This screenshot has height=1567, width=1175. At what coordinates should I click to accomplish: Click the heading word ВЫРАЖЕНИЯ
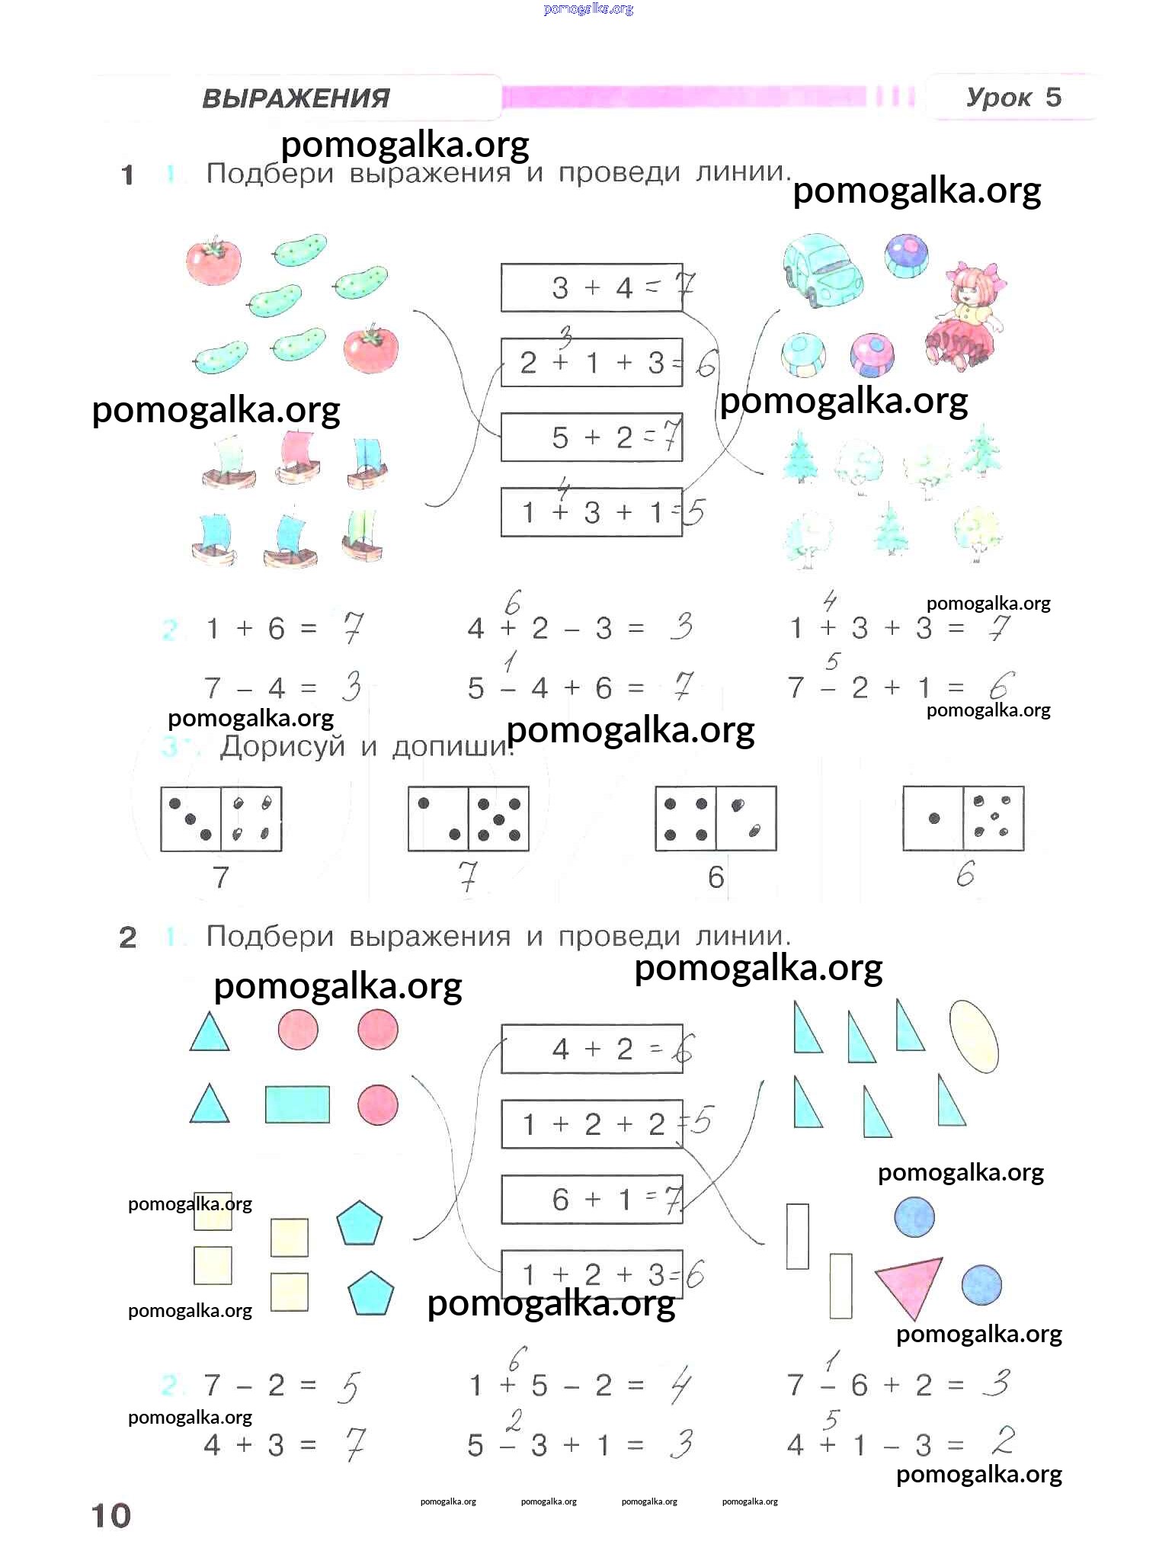click(296, 98)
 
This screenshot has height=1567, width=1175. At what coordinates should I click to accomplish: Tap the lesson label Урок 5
click(1013, 98)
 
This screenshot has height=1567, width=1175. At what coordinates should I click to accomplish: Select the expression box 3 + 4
click(591, 287)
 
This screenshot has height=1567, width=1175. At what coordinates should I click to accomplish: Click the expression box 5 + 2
click(591, 437)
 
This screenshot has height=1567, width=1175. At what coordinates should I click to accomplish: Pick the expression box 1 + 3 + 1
click(591, 512)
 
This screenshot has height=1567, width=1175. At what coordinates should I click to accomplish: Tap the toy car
click(822, 270)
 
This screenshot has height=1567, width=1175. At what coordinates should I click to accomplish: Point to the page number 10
click(111, 1515)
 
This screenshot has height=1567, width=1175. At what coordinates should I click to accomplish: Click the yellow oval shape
click(974, 1037)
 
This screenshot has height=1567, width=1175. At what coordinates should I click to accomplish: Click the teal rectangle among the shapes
click(297, 1104)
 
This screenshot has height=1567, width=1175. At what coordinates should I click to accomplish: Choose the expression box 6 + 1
click(591, 1200)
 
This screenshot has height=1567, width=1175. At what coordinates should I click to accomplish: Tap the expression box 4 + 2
click(591, 1049)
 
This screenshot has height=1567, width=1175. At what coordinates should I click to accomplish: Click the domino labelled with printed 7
click(221, 819)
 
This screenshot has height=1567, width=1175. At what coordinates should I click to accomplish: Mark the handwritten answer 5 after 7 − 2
click(347, 1387)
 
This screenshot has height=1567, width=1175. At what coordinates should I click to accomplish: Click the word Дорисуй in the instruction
click(283, 746)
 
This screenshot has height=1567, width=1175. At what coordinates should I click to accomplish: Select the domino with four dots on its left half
click(716, 819)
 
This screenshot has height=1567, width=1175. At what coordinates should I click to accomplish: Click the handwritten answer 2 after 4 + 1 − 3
click(1004, 1441)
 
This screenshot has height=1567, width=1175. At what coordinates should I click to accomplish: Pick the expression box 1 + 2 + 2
click(591, 1124)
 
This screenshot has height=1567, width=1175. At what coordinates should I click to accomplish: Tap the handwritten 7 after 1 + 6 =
click(351, 628)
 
